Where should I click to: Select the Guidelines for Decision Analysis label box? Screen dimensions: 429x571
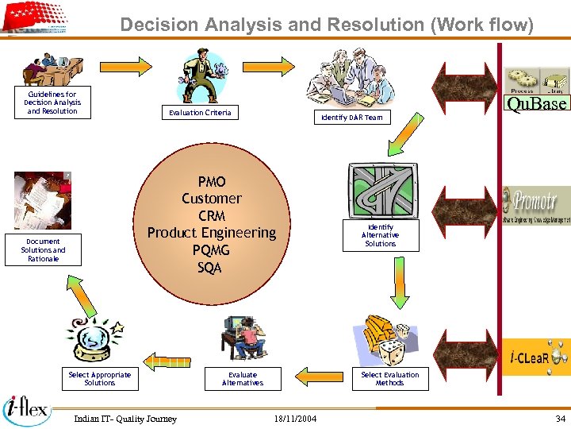click(52, 102)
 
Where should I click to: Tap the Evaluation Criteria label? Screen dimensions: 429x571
click(200, 113)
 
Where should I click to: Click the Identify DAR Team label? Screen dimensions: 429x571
click(351, 118)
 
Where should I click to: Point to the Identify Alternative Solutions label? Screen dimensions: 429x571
click(380, 235)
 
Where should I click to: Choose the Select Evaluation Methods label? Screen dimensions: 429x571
click(389, 379)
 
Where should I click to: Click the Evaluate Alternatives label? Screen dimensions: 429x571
click(243, 379)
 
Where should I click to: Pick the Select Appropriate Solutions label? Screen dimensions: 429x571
click(100, 379)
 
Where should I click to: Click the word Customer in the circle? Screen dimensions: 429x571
click(212, 199)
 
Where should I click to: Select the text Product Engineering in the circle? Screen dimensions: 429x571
click(212, 233)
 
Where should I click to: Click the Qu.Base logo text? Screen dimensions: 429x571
click(537, 104)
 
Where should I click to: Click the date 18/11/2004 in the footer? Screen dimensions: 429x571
click(295, 419)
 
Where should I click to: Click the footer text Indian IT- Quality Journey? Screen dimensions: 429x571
click(125, 419)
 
